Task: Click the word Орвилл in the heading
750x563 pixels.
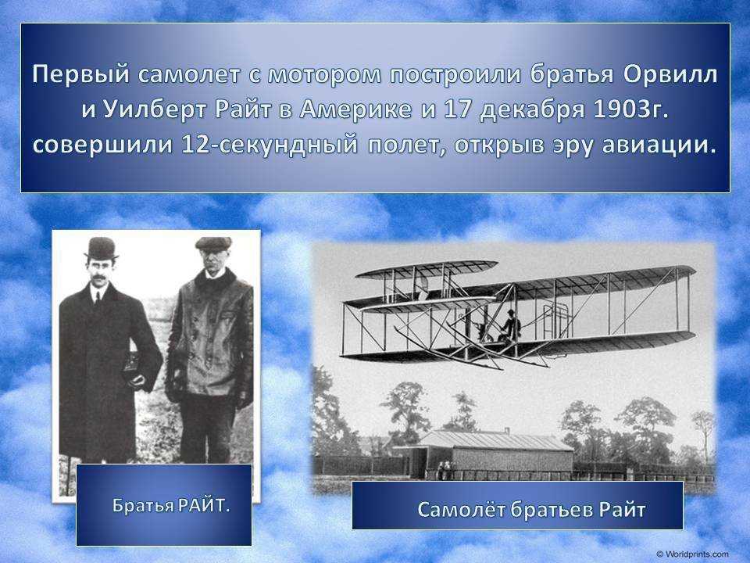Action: (x=671, y=76)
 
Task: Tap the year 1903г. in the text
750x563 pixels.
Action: (x=630, y=109)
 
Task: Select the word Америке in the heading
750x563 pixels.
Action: (x=355, y=109)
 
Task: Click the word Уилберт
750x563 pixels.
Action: (x=155, y=110)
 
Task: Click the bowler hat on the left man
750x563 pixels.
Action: (x=101, y=249)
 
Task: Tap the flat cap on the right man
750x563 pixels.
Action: (x=213, y=244)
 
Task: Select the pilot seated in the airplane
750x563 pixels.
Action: (x=510, y=327)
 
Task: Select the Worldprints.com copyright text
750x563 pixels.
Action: (x=692, y=554)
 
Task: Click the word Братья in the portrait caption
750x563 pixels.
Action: (x=137, y=506)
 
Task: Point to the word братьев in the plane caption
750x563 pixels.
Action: (x=552, y=510)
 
